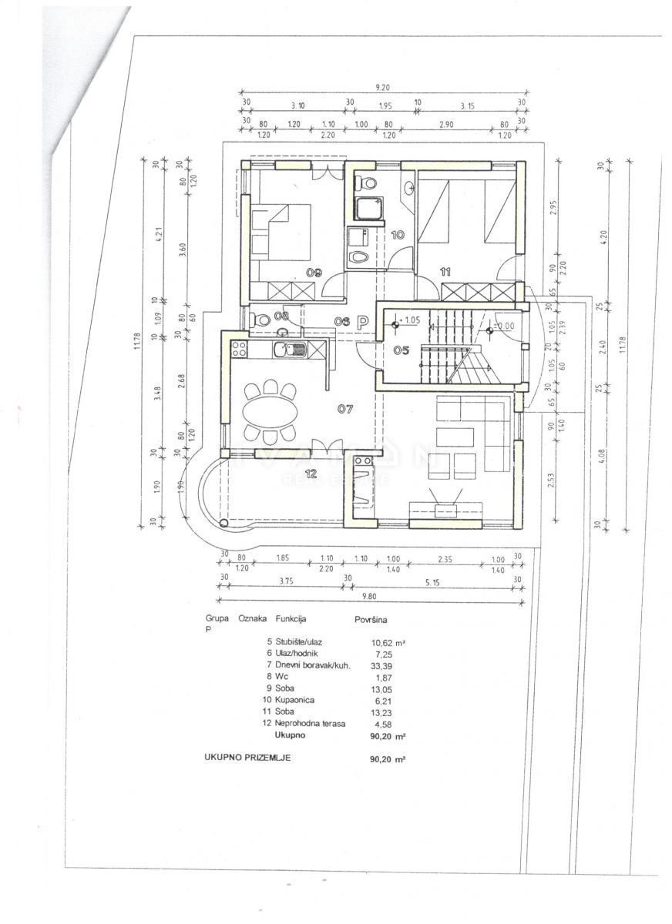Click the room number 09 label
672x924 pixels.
(293, 272)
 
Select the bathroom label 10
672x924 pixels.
(398, 235)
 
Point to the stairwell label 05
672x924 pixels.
(401, 350)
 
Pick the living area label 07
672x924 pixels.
(344, 409)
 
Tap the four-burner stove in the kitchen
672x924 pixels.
(239, 349)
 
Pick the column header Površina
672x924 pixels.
(371, 618)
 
